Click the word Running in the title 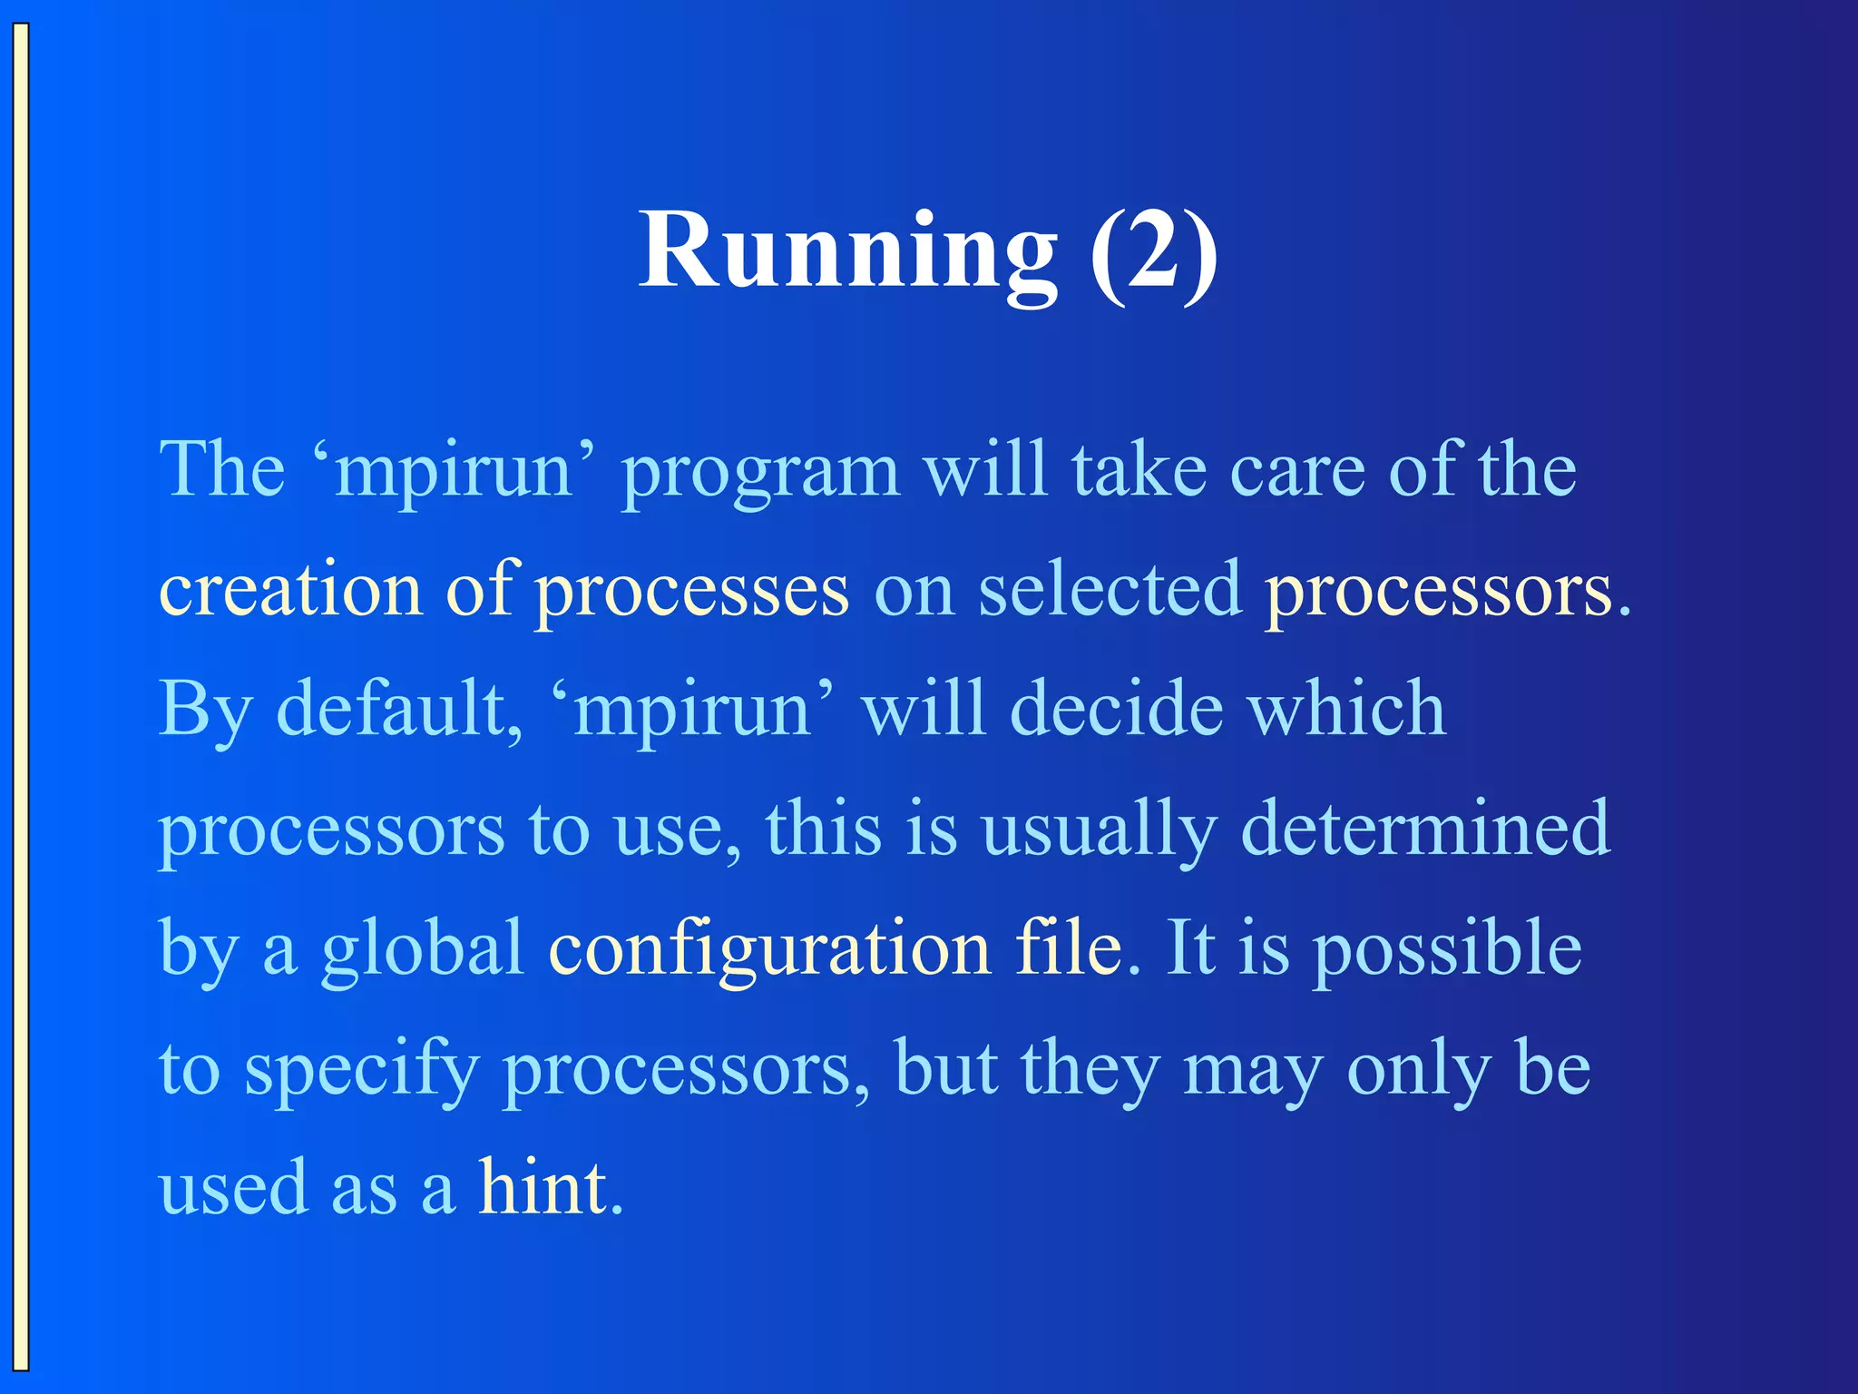[847, 251]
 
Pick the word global [423, 949]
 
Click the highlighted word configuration [769, 949]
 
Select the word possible [1448, 949]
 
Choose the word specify [361, 1069]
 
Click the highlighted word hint [543, 1187]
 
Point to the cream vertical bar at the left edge [20, 697]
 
